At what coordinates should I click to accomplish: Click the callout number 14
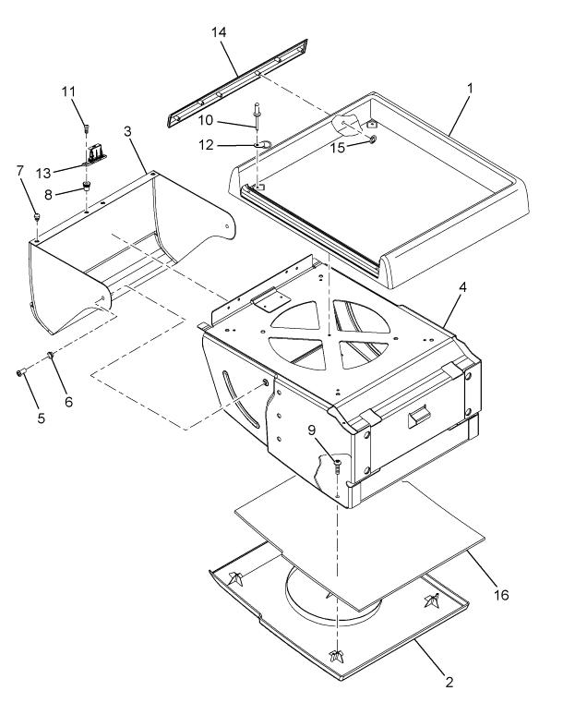click(219, 32)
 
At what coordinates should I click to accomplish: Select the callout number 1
click(470, 89)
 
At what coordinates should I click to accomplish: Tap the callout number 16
click(501, 595)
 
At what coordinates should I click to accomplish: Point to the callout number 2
click(449, 682)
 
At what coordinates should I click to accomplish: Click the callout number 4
click(462, 287)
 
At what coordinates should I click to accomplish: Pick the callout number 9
click(312, 430)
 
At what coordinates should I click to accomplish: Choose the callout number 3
click(127, 131)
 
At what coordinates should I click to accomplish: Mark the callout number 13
click(43, 173)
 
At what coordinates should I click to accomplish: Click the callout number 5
click(42, 418)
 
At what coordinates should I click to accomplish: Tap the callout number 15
click(338, 148)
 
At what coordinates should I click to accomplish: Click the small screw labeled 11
click(86, 128)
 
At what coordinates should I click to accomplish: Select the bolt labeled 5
click(20, 372)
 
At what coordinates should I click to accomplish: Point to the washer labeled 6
click(51, 356)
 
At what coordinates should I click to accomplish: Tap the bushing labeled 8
click(86, 185)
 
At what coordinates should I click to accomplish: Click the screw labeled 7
click(37, 217)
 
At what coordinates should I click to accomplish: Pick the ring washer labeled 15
click(373, 139)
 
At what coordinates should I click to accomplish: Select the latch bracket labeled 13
click(95, 155)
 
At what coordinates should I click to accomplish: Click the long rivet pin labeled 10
click(258, 115)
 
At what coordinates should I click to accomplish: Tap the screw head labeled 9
click(338, 462)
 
